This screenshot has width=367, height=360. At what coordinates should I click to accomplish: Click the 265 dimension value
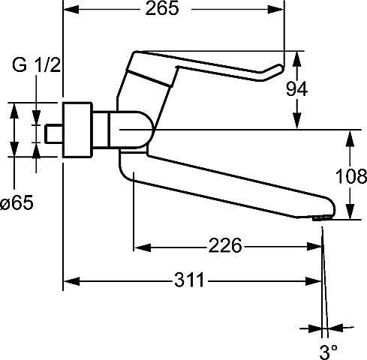coord(162,8)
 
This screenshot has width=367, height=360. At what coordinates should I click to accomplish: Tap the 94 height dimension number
coord(296,89)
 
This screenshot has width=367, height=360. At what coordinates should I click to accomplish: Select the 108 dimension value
coord(350,176)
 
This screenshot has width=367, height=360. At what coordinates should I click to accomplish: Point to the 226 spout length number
coord(225,245)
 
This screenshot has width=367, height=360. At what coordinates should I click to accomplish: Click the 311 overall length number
coord(189,280)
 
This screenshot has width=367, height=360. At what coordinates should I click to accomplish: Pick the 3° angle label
coord(329,352)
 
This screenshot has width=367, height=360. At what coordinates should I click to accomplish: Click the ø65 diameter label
coord(17,202)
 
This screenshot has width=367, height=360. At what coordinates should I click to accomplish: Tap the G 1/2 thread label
coord(36,65)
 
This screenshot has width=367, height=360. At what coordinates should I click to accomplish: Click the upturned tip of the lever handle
coord(280,67)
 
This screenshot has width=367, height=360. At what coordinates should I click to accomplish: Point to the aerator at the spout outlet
coord(322,217)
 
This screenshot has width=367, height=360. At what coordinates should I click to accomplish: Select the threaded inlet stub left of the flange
coord(54,134)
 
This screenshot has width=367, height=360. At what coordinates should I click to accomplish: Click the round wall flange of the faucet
coord(77,130)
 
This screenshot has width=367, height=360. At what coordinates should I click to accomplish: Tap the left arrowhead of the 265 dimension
coord(71,10)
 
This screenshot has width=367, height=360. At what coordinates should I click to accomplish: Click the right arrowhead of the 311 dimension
coord(314,281)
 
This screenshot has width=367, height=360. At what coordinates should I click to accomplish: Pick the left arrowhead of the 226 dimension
coord(143,247)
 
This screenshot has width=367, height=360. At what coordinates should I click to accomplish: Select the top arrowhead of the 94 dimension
coord(296,59)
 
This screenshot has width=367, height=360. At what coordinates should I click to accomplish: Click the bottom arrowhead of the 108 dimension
coord(350,211)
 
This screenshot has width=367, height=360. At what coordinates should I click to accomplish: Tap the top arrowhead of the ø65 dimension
coord(14,110)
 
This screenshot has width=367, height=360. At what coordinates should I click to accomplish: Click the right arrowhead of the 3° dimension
coord(335,328)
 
